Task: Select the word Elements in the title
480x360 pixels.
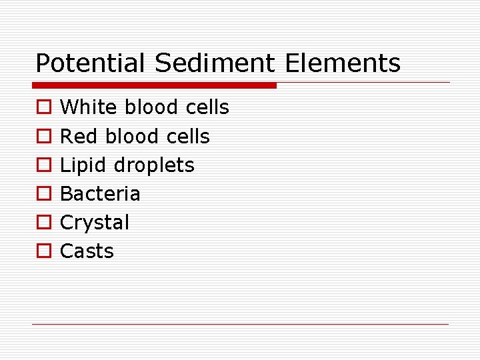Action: (343, 63)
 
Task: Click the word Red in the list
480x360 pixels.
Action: (78, 137)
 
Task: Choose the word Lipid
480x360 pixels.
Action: (84, 165)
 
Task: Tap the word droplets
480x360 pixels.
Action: (155, 165)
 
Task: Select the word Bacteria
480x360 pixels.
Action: (101, 194)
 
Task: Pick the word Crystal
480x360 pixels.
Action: (95, 223)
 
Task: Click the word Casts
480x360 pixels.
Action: (87, 251)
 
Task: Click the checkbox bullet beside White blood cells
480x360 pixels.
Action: (43, 108)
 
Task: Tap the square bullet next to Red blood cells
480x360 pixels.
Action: (43, 137)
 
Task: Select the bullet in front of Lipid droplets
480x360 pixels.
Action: (43, 165)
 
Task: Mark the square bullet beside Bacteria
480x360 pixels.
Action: (43, 194)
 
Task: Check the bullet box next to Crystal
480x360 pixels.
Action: (43, 223)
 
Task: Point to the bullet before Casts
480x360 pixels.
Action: (43, 251)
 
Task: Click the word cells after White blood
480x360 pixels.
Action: (207, 107)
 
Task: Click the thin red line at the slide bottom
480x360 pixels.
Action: (240, 324)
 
